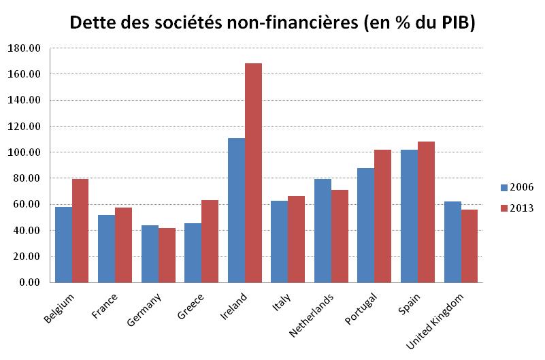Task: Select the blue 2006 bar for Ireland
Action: pyautogui.click(x=236, y=210)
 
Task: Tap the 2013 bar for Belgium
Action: pyautogui.click(x=80, y=231)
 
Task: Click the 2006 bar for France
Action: pyautogui.click(x=107, y=248)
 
